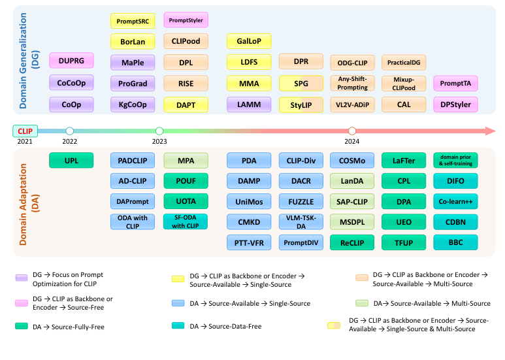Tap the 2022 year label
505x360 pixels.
[70, 141]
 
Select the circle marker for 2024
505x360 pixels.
[352, 131]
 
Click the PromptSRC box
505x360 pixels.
[133, 21]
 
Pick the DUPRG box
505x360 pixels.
[71, 61]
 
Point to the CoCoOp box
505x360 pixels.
[71, 82]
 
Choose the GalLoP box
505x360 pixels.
[250, 41]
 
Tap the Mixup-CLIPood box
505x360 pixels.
[403, 83]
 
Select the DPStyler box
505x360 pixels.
[455, 104]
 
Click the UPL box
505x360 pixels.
[71, 159]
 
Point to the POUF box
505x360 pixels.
[186, 180]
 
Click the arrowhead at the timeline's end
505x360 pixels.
[490, 131]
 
